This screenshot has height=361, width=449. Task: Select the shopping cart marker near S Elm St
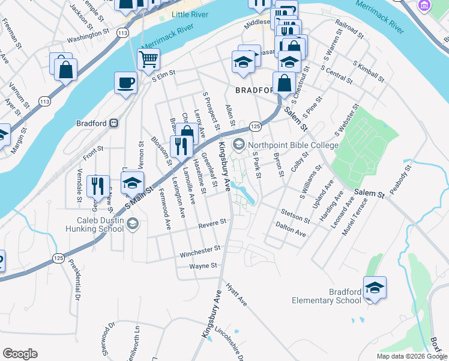tap(148, 60)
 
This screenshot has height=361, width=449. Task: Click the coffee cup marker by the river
tap(125, 82)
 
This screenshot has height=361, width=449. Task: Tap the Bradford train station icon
tap(113, 123)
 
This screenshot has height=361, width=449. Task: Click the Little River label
tap(188, 14)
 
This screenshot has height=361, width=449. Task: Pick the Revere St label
tap(212, 223)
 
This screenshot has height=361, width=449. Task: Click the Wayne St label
tap(203, 266)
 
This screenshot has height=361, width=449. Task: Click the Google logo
tap(20, 354)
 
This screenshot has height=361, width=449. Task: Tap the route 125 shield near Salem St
tap(255, 126)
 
